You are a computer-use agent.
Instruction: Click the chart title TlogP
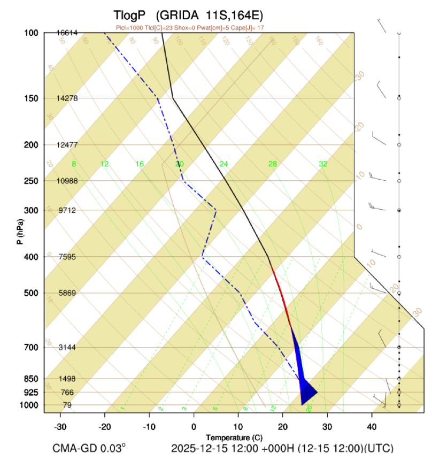coord(129,14)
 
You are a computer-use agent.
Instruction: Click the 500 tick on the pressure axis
coord(30,293)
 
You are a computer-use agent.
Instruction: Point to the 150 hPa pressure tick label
coord(30,98)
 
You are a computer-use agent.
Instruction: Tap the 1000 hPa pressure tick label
coord(29,405)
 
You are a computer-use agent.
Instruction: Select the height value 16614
coord(67,33)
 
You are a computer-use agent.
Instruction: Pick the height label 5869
coord(67,293)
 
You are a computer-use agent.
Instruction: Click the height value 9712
coord(67,210)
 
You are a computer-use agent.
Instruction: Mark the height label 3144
coord(67,347)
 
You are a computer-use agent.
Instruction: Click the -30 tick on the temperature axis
coord(60,426)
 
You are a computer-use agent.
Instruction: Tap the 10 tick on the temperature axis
coord(238,426)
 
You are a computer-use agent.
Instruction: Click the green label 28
coord(273,164)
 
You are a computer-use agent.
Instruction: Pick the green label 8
coord(74,164)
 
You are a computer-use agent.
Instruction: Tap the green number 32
coord(323,164)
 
